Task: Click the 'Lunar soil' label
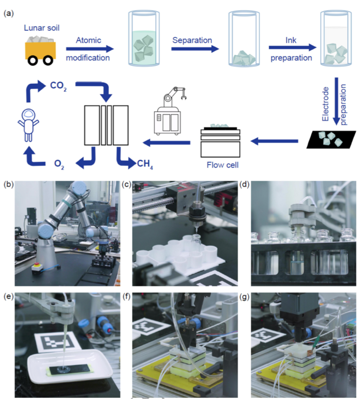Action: click(x=42, y=28)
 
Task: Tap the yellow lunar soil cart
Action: click(x=41, y=51)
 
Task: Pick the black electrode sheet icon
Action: click(x=331, y=139)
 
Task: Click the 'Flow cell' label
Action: click(x=222, y=165)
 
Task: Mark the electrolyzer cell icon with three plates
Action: click(x=106, y=125)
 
